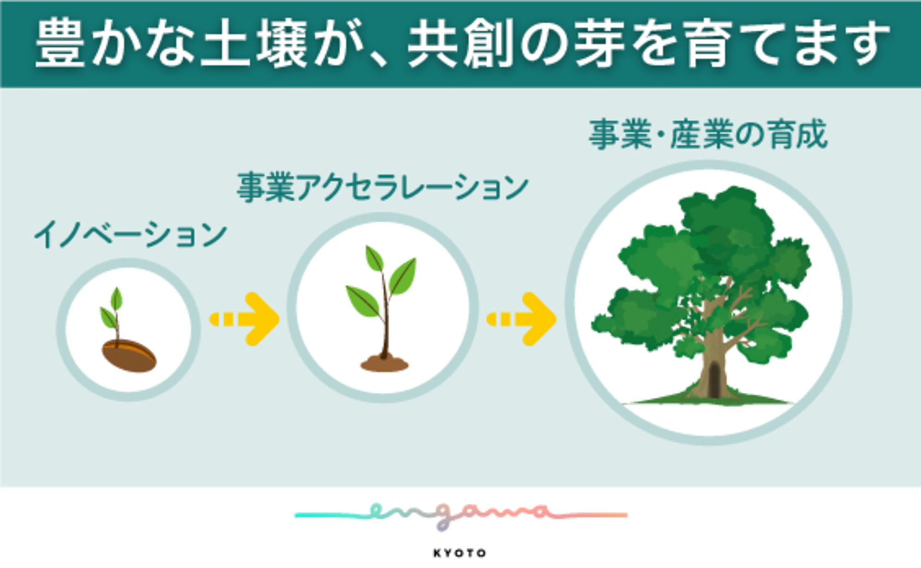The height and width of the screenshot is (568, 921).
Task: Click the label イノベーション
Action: [x=130, y=234]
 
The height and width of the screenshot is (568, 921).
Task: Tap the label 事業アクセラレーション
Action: [x=382, y=187]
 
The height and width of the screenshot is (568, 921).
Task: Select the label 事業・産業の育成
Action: [x=708, y=134]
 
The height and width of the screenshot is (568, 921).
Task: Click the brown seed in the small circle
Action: [x=129, y=355]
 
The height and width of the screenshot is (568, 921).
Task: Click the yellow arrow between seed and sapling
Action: [x=245, y=319]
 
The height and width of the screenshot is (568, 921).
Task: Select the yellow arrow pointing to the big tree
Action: [x=523, y=319]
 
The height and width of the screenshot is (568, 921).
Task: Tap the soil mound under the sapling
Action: [x=384, y=364]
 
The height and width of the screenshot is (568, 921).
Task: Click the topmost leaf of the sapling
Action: [x=374, y=259]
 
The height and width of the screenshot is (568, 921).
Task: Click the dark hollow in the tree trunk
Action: [x=714, y=379]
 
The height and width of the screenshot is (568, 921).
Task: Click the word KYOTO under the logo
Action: [x=460, y=553]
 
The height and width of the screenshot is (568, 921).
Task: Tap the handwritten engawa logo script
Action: [x=460, y=514]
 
